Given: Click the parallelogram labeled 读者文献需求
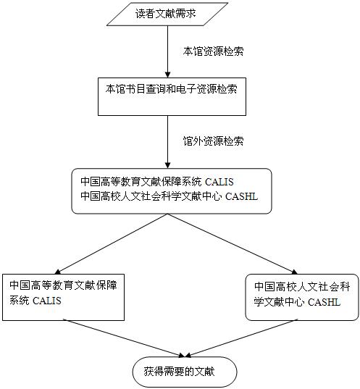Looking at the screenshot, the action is coord(167,14).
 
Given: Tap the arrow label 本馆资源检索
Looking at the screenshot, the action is coord(214,51).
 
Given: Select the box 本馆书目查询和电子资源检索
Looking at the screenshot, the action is coord(172,97).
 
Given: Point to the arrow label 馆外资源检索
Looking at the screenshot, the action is coord(214,141).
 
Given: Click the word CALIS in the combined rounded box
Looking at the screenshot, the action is coord(219,182).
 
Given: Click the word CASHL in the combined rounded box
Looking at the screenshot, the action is coord(242,196).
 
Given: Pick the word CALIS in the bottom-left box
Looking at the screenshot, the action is coord(47,301).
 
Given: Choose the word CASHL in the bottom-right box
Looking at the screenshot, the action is coord(324,302).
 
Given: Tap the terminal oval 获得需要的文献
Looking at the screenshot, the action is coord(185,372).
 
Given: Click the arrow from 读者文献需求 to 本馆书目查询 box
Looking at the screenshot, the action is coord(168,51).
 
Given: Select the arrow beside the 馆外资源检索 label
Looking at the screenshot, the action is coord(168,142).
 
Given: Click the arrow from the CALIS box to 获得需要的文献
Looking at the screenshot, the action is coord(124,338).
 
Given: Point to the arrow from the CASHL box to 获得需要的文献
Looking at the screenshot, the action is coord(241,338).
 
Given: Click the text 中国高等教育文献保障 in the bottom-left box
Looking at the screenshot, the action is coord(63,285).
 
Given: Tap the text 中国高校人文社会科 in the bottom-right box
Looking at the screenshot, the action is coord(302,287).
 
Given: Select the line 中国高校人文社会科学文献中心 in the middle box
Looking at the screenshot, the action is coord(151,196).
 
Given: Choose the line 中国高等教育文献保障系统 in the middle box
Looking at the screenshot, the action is coord(141,182).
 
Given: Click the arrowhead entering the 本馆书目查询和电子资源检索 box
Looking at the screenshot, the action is coord(168,75).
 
